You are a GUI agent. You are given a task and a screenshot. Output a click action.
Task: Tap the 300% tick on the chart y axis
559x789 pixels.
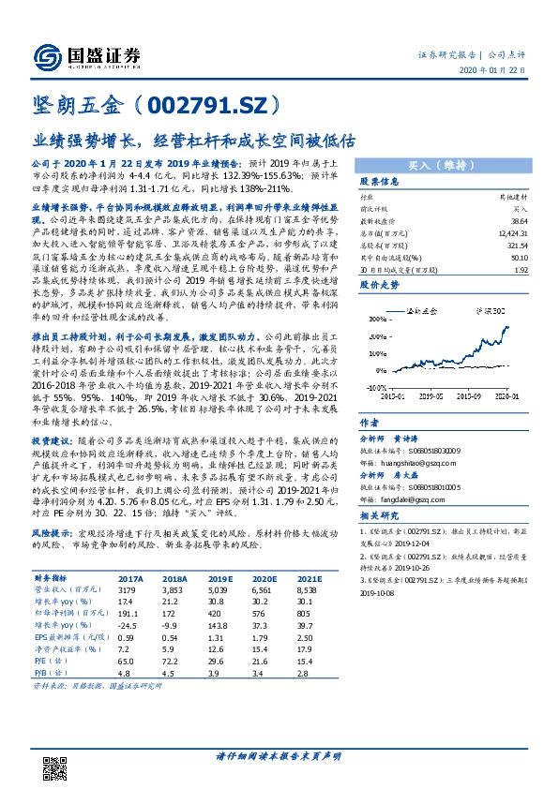click(374, 319)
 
